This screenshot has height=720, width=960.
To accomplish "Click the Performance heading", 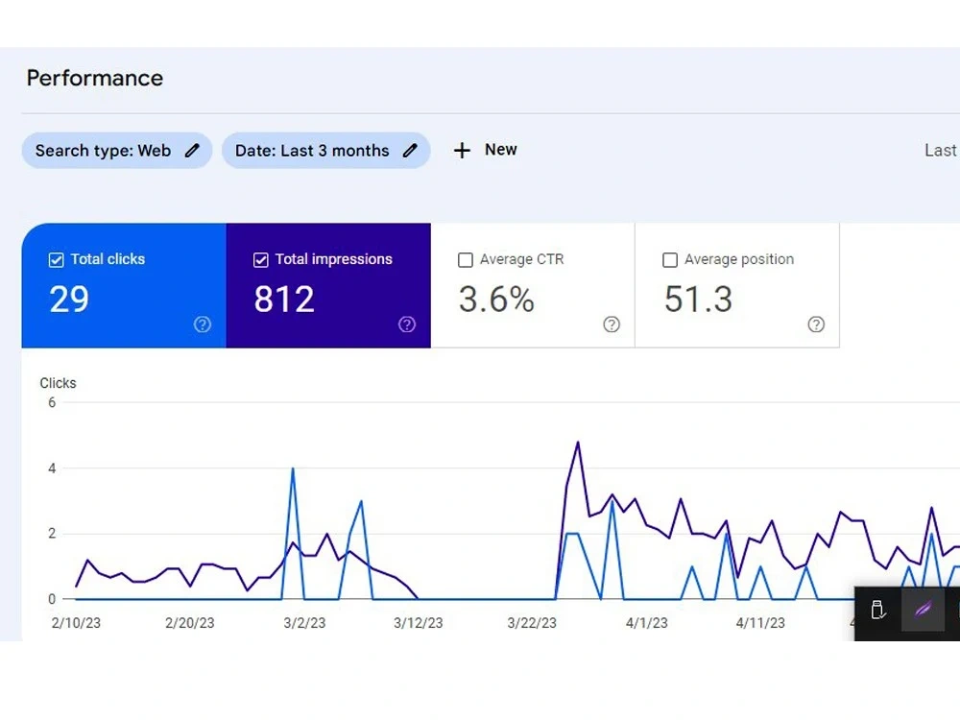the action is coord(95,79).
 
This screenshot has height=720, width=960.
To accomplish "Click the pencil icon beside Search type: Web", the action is coord(192,151).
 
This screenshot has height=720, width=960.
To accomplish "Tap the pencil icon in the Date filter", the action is coord(410,151).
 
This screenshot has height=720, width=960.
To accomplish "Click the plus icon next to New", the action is coord(463,151).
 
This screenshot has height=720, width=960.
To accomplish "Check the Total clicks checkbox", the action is coord(56,260).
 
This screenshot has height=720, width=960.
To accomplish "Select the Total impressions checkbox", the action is coord(261,260).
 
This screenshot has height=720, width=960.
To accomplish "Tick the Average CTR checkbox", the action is coord(466,260).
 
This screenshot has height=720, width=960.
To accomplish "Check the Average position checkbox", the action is coord(670,260).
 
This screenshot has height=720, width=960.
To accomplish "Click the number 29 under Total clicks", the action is coord(69,300).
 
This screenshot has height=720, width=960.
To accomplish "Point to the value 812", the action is coord(284,300).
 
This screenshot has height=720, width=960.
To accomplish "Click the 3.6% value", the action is coord(496,300).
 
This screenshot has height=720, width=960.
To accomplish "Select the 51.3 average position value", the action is coord(699,300).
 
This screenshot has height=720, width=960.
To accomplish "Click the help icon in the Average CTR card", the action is coord(612,324).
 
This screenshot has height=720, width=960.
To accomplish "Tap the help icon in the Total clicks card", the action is coord(203,324).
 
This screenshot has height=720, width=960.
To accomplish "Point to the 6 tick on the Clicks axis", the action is coord(52,403).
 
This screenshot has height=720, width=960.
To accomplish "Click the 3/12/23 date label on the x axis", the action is coord(419,623).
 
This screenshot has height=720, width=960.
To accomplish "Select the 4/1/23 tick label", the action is coord(646,623).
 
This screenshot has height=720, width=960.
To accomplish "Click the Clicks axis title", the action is coord(59,383).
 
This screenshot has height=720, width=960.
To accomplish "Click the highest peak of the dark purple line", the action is coord(577,442).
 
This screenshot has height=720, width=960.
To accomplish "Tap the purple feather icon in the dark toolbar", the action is coord(924,610).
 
